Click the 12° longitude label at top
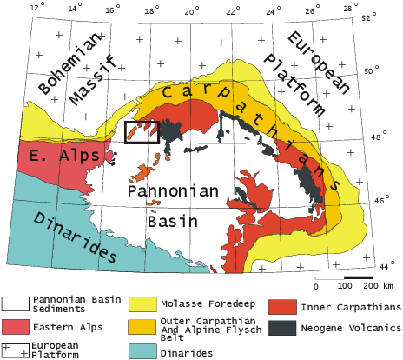pyautogui.click(x=36, y=8)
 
